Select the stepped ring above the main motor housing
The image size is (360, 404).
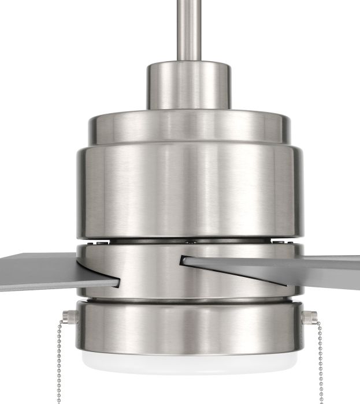(188, 124)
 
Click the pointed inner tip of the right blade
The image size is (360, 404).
(184, 260)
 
